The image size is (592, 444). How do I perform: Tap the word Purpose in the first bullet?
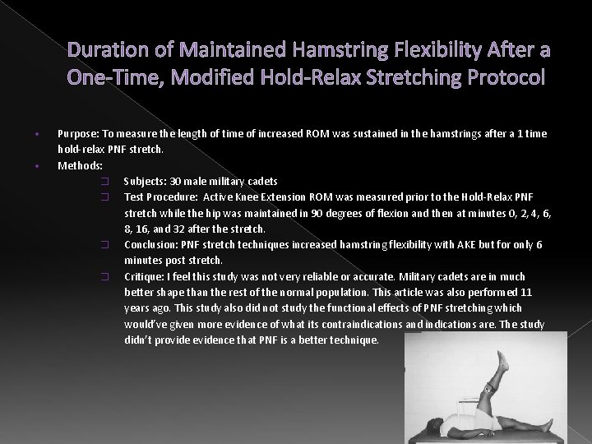click(76, 133)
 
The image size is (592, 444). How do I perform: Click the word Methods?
click(80, 165)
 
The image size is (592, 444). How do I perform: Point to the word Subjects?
click(144, 181)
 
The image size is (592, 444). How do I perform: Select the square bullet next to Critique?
click(104, 277)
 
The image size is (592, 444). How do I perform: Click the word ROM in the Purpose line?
click(320, 133)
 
